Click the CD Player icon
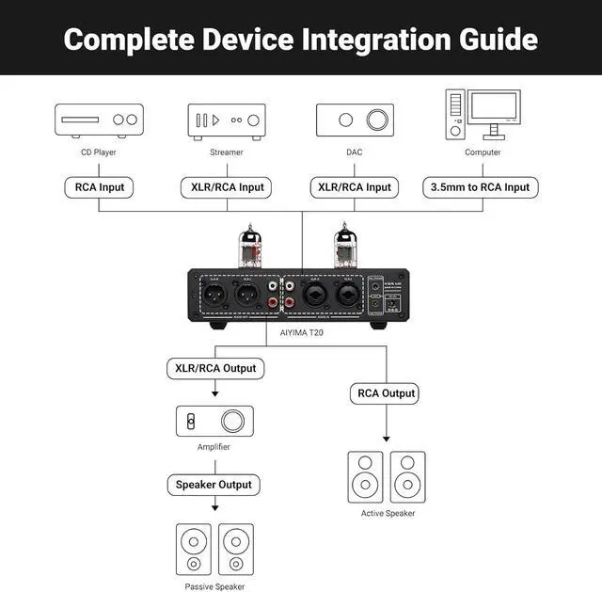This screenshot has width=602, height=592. (99, 120)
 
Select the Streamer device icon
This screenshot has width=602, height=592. (227, 120)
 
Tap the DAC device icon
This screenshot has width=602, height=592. (355, 120)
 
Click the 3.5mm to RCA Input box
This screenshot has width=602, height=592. (480, 187)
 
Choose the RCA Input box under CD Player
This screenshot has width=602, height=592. (99, 187)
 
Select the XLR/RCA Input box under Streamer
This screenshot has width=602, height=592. (227, 187)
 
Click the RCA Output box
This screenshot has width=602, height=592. (386, 393)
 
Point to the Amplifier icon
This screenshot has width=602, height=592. (214, 420)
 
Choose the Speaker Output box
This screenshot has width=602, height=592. (214, 485)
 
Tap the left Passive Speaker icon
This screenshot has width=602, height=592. (195, 550)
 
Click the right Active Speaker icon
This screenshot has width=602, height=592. (407, 477)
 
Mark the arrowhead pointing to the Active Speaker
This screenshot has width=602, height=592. (386, 438)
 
